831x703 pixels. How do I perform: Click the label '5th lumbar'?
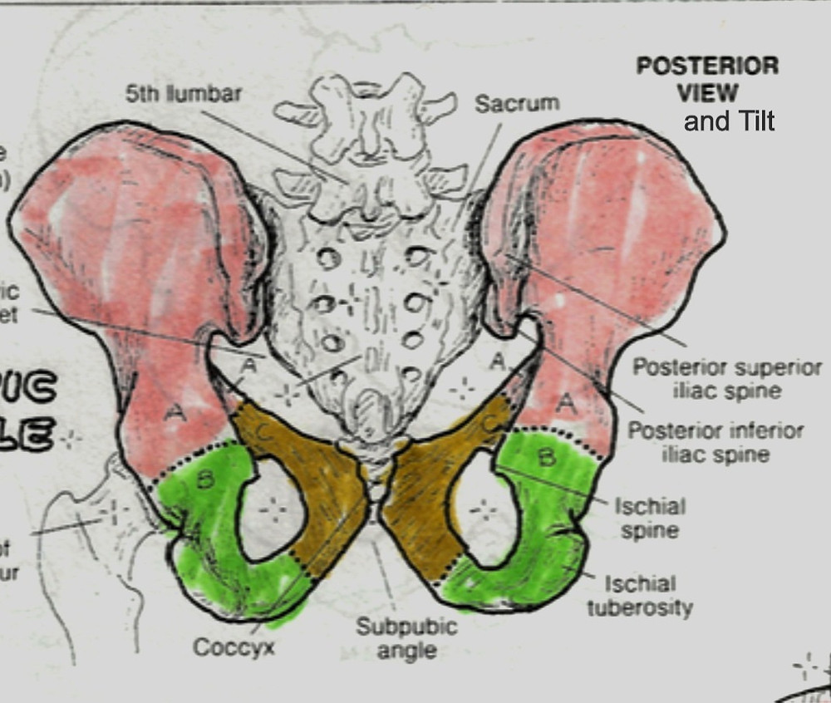[x=184, y=93]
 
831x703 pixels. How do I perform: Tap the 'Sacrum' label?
[x=517, y=103]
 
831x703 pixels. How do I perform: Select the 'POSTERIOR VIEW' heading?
[x=707, y=79]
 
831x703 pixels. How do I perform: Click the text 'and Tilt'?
[x=729, y=121]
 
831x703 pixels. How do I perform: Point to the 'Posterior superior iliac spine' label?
[x=727, y=378]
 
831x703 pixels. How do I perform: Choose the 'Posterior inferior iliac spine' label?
[x=715, y=442]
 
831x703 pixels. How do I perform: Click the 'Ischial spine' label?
[x=649, y=517]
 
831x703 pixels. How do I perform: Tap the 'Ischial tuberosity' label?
[x=640, y=596]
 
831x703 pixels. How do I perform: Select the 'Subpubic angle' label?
[x=407, y=637]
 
